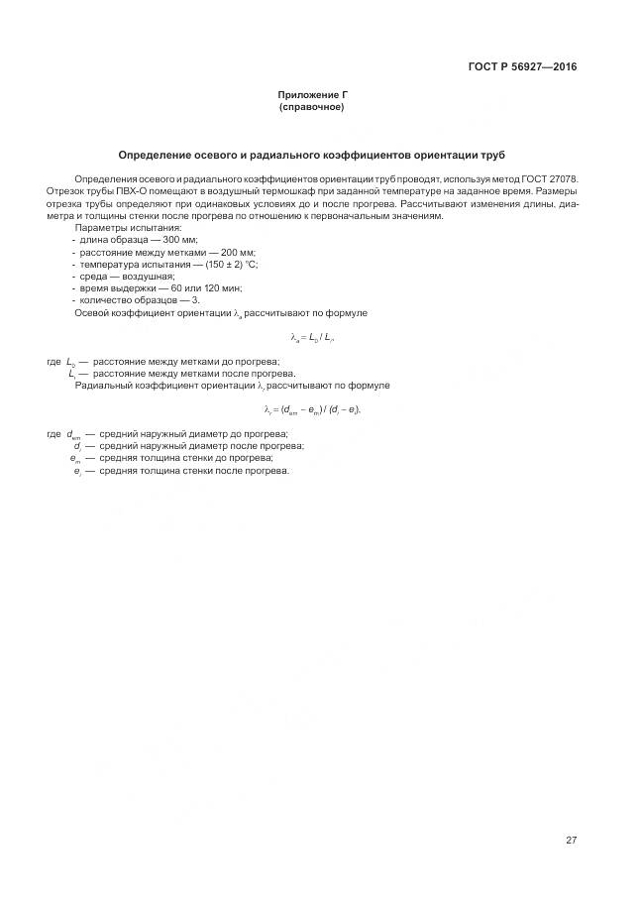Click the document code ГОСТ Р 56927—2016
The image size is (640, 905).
tap(522, 67)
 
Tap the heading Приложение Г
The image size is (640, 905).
tap(312, 95)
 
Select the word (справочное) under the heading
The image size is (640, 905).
tap(312, 107)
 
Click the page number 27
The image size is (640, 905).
tap(572, 841)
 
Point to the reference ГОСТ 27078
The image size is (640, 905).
tap(551, 178)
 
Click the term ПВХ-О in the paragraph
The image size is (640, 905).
tap(135, 190)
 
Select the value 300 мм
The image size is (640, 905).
tap(178, 241)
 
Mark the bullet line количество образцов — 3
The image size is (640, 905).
tap(140, 299)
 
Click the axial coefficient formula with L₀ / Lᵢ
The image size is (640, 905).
tap(312, 339)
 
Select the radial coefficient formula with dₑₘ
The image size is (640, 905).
tap(312, 410)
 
